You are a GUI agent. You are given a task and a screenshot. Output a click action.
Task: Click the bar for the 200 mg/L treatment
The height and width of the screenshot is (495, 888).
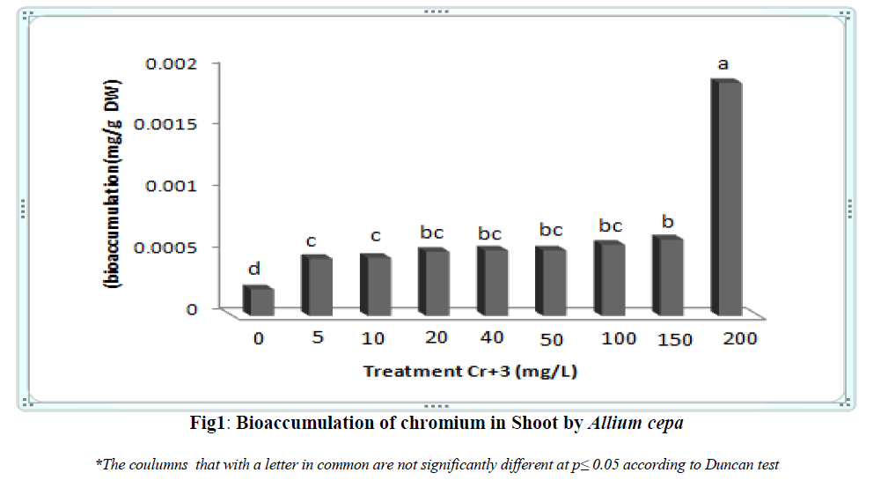click(x=730, y=198)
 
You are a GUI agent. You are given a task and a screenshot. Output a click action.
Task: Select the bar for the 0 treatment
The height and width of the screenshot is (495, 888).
click(x=261, y=301)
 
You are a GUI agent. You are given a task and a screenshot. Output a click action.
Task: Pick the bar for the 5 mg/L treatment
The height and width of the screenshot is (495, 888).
click(x=319, y=285)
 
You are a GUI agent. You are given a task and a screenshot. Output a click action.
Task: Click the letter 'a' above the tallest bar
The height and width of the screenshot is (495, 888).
click(x=723, y=63)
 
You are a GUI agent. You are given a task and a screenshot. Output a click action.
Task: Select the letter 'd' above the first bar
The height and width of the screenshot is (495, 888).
click(x=254, y=269)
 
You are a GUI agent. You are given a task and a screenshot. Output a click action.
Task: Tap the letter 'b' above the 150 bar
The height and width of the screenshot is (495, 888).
click(x=667, y=222)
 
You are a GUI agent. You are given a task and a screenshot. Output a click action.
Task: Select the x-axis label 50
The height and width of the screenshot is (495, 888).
click(x=551, y=339)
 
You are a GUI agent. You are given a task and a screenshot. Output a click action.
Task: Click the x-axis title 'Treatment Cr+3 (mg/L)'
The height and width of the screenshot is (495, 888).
click(x=471, y=372)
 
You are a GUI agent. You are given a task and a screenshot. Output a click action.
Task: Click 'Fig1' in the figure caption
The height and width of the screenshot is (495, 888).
click(x=209, y=423)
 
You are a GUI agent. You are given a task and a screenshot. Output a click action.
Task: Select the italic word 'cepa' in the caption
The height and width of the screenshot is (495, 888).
click(x=664, y=424)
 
